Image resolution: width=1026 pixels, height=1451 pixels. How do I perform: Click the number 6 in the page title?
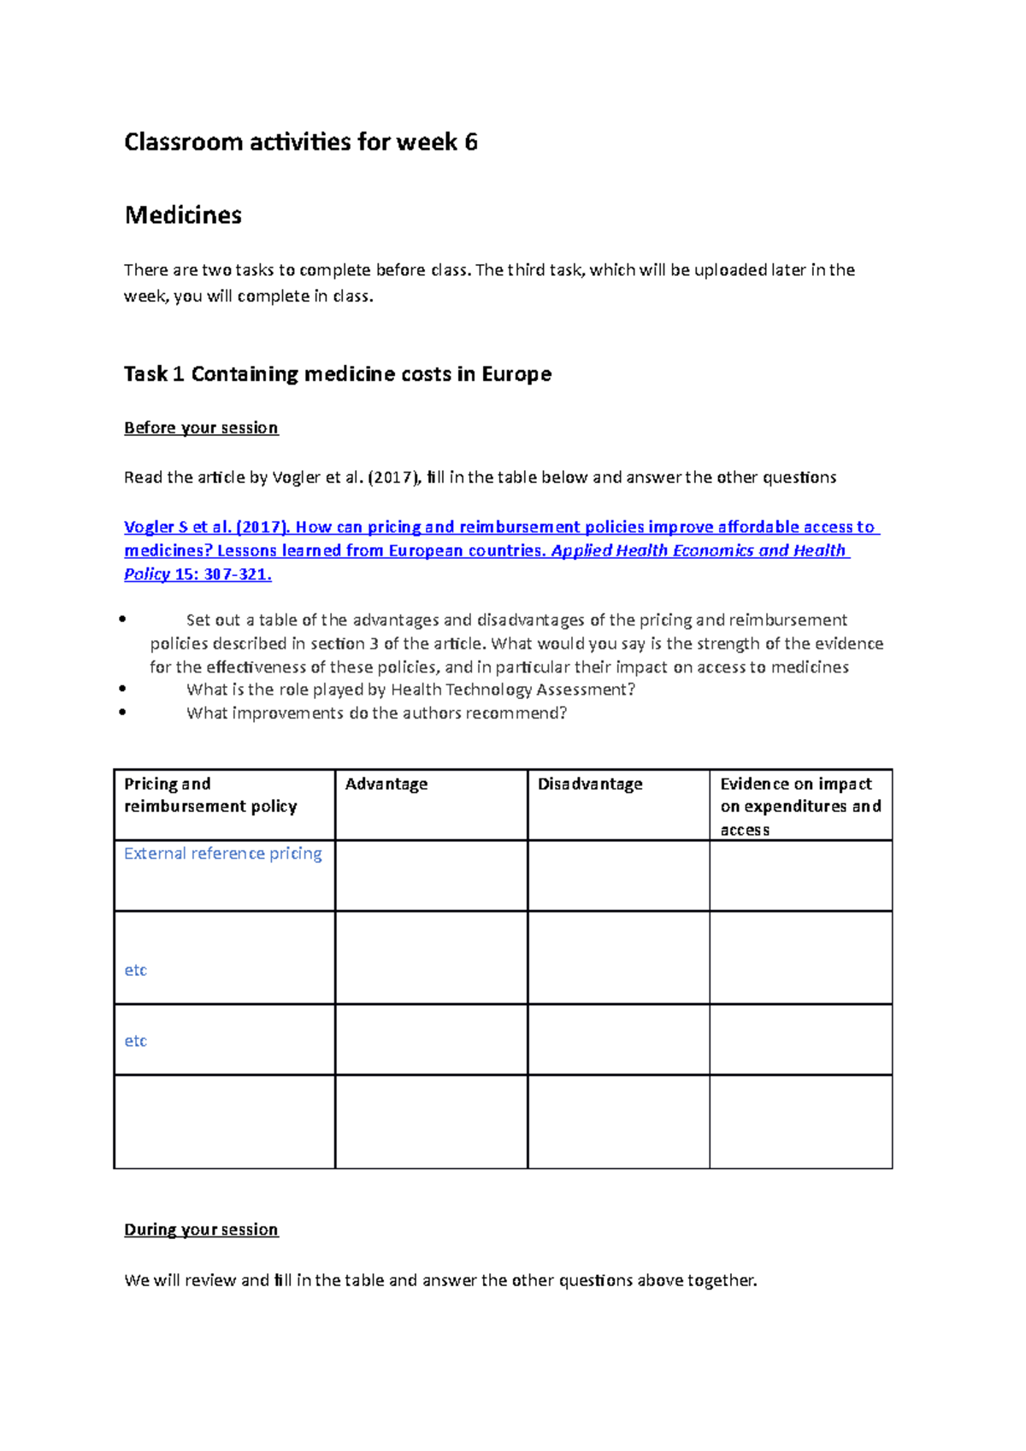(471, 142)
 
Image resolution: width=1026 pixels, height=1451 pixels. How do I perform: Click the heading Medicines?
(183, 215)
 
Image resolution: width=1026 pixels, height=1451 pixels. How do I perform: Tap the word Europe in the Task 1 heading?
(516, 374)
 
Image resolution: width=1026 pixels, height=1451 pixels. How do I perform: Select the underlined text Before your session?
(201, 428)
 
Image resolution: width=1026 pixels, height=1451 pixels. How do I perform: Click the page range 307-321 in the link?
(237, 575)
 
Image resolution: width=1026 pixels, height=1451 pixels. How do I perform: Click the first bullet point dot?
(123, 620)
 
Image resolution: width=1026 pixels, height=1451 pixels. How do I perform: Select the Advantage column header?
(386, 784)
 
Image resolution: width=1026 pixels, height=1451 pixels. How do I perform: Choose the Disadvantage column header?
(590, 784)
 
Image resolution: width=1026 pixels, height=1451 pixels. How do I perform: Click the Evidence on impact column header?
(796, 784)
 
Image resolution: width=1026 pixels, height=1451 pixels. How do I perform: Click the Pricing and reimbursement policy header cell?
(210, 796)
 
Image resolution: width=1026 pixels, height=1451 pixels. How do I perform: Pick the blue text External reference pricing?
(223, 854)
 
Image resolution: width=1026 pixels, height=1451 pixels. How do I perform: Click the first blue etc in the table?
(136, 971)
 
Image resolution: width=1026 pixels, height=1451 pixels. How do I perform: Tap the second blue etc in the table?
(136, 1042)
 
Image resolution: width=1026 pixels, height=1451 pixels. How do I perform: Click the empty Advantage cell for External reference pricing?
(431, 876)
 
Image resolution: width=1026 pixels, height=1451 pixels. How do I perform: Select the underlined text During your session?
(201, 1231)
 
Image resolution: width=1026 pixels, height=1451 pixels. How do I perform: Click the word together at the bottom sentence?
(721, 1281)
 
